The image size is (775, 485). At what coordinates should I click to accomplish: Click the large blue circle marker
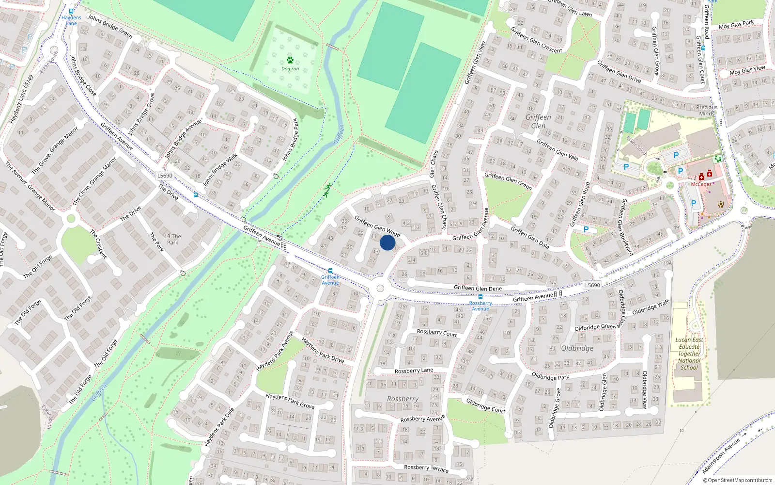(x=387, y=242)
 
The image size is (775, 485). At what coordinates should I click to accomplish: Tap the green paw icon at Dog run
(x=290, y=60)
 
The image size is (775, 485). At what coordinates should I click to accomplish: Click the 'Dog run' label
(x=290, y=69)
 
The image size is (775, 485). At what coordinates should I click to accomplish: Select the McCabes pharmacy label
(x=701, y=184)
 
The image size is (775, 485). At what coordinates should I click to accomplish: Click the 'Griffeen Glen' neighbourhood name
(x=538, y=121)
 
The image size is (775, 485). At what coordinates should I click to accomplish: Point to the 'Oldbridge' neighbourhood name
(x=577, y=348)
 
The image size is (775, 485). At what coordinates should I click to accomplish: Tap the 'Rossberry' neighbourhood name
(x=403, y=399)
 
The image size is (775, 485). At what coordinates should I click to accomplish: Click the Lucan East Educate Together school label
(x=689, y=354)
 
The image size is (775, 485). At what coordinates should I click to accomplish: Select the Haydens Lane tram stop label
(x=71, y=20)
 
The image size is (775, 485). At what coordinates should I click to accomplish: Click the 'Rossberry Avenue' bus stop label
(x=480, y=306)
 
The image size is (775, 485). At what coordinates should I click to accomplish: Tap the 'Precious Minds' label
(x=707, y=110)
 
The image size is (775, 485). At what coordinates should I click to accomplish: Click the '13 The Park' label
(x=173, y=239)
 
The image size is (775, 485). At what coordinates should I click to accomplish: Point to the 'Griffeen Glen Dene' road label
(x=478, y=288)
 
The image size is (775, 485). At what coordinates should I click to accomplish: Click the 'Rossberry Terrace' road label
(x=426, y=468)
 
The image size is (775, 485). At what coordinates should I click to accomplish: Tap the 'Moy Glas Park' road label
(x=736, y=25)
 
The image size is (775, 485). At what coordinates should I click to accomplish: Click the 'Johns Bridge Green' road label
(x=110, y=26)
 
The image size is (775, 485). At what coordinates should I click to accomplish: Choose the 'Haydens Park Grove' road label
(x=290, y=401)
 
